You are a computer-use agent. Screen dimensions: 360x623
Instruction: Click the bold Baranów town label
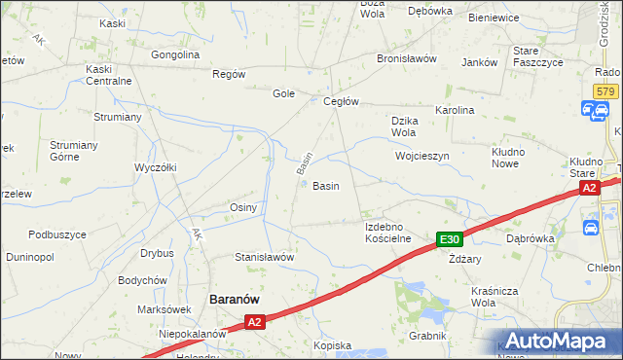pos(234,300)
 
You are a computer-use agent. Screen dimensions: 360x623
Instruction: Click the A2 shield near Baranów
pos(254,321)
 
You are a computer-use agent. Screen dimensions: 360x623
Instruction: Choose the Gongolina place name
pos(175,54)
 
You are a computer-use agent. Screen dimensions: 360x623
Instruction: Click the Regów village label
pos(229,74)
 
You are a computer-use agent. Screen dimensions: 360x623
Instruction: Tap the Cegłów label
pos(342,101)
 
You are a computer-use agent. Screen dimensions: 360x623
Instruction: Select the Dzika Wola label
pos(404,126)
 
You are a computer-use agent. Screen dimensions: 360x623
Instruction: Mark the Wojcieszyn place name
pos(421,156)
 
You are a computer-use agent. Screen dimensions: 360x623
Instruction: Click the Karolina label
pos(455,110)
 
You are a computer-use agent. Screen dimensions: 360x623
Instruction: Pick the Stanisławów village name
pos(265,257)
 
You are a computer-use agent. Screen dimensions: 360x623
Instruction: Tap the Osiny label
pos(242,207)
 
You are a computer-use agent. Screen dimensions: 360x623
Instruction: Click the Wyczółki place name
pos(155,166)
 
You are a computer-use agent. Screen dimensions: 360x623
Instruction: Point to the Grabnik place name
pos(427,336)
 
